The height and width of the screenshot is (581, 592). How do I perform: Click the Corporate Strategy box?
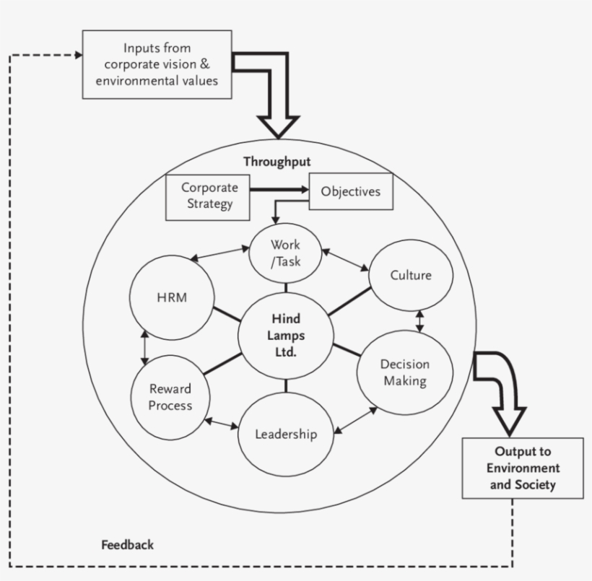tap(208, 198)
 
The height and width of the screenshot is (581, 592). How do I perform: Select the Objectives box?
tap(351, 191)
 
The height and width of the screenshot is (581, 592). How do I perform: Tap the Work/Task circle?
tap(285, 253)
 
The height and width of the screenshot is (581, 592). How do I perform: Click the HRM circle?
tap(172, 297)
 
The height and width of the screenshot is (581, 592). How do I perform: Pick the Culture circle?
tap(411, 275)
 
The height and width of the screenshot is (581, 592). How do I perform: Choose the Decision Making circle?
tap(405, 372)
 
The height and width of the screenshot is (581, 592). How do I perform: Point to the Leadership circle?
tap(286, 434)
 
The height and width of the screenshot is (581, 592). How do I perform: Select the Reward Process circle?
tap(170, 397)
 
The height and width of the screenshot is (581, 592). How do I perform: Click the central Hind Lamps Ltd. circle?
tap(286, 336)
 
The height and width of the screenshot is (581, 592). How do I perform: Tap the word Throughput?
tap(277, 162)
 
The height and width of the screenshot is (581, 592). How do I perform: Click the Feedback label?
tap(127, 545)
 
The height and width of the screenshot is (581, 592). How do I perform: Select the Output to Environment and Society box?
tap(523, 468)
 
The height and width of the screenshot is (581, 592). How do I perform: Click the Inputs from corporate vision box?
tap(157, 64)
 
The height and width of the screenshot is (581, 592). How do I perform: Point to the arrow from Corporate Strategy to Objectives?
tap(279, 190)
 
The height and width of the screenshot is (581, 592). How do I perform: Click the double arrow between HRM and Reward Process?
tap(144, 348)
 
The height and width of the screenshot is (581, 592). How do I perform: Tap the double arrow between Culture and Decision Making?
tap(420, 321)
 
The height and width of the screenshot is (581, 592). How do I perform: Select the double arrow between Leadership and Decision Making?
tap(356, 420)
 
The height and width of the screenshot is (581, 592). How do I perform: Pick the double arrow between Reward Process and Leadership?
tap(221, 424)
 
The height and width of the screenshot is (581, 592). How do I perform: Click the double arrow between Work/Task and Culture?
tap(345, 260)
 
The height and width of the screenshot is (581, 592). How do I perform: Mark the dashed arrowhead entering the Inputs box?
tap(79, 55)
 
